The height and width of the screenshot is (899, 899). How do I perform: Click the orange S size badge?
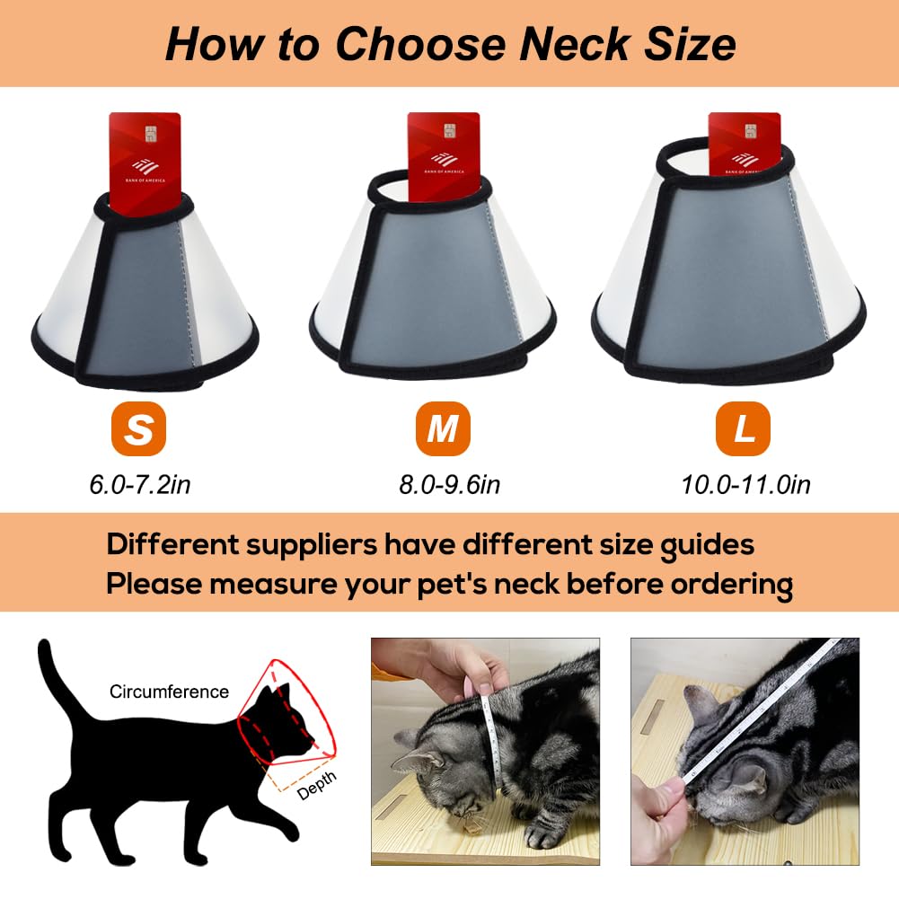click(138, 429)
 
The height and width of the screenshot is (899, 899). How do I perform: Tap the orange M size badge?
click(443, 429)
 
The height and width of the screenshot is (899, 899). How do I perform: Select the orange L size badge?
click(743, 429)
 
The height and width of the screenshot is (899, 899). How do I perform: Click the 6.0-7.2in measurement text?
click(140, 485)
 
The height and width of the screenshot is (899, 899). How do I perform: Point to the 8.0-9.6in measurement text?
click(449, 485)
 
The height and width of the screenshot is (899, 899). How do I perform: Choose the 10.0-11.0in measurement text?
click(745, 485)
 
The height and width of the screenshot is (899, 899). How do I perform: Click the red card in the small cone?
click(145, 153)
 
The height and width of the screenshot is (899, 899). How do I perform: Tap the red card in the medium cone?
click(443, 148)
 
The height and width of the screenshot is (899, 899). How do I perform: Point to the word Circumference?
click(169, 692)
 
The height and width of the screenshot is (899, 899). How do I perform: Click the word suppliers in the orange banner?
click(310, 545)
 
